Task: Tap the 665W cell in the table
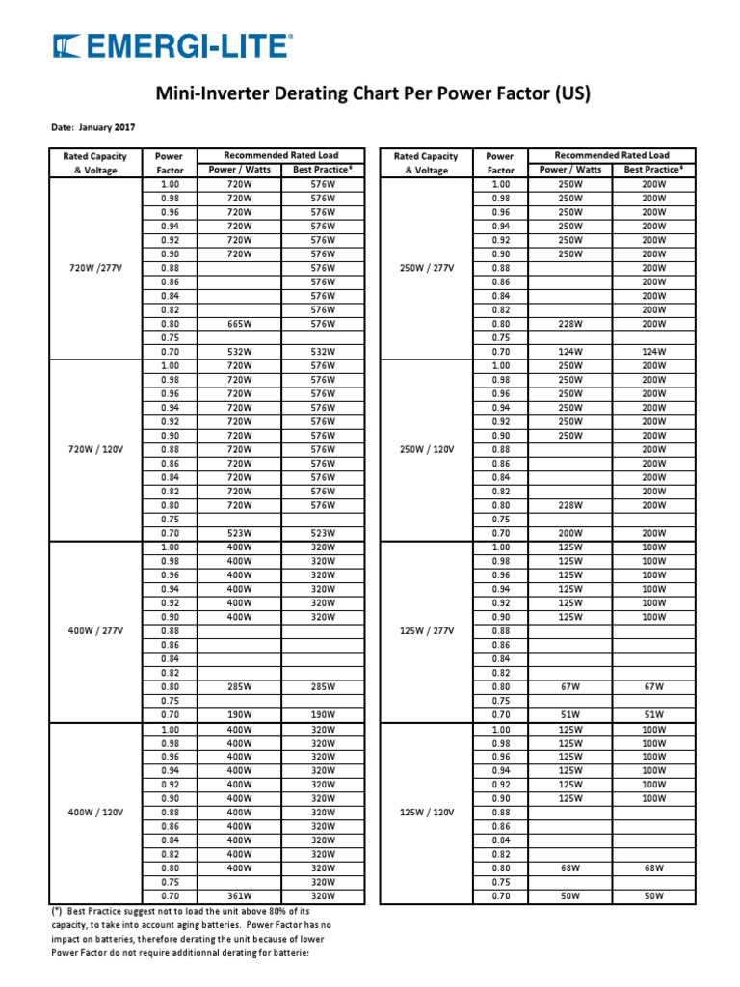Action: [x=238, y=324]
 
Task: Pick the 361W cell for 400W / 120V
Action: [x=238, y=896]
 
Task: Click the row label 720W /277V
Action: [x=92, y=268]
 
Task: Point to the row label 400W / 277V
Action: [x=92, y=630]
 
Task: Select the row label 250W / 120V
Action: [x=427, y=449]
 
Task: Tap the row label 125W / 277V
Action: [x=427, y=630]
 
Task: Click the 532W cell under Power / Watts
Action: [x=238, y=352]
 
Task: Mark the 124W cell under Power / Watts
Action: [x=570, y=352]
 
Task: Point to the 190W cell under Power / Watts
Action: [x=238, y=714]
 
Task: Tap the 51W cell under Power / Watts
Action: [x=570, y=714]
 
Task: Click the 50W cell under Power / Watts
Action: [x=570, y=896]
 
